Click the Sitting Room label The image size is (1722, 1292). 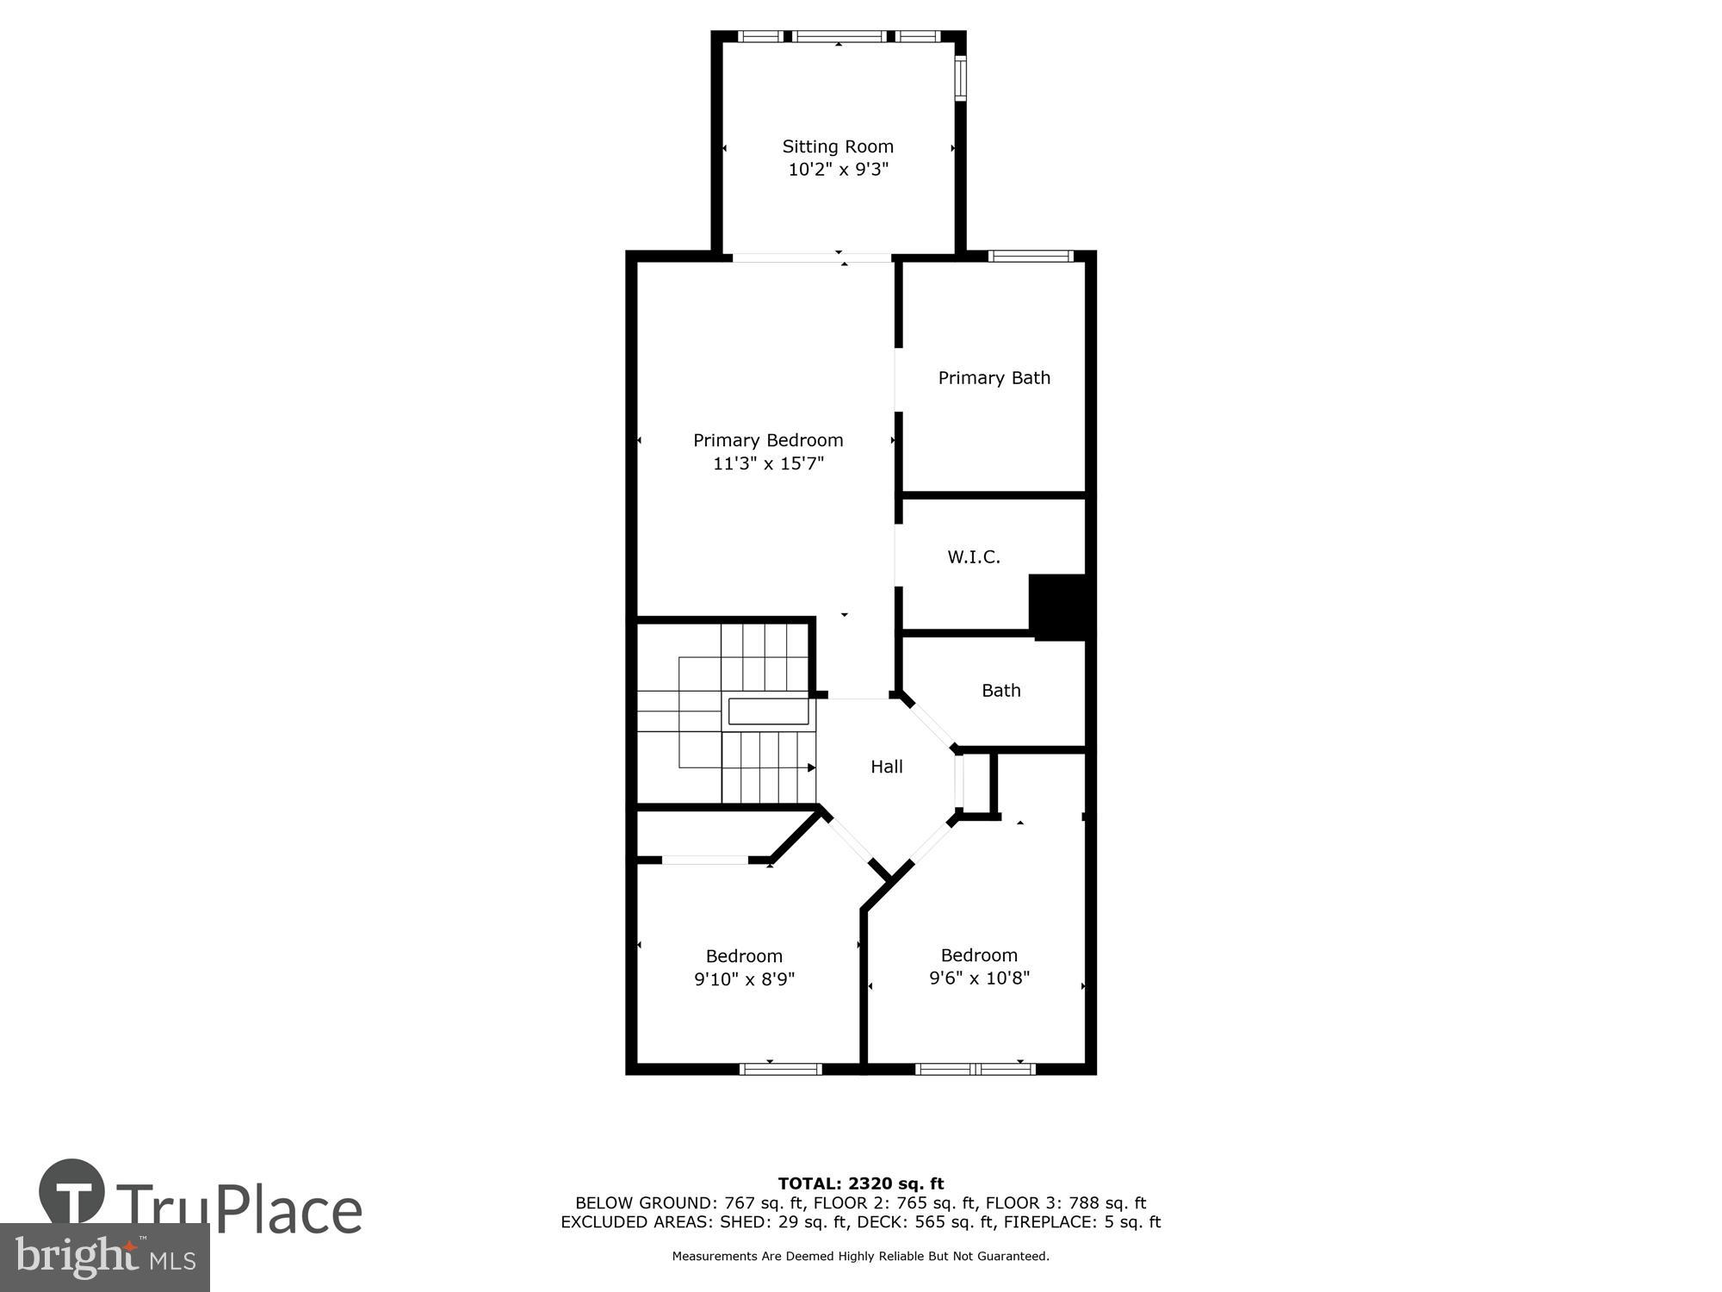pyautogui.click(x=837, y=146)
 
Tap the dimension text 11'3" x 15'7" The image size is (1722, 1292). pyautogui.click(x=768, y=463)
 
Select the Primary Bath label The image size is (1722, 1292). pyautogui.click(x=994, y=377)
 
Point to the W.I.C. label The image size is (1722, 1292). pyautogui.click(x=974, y=557)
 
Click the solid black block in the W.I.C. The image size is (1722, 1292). pyautogui.click(x=1058, y=606)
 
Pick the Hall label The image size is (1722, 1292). pyautogui.click(x=886, y=767)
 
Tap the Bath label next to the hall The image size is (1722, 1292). pyautogui.click(x=1000, y=690)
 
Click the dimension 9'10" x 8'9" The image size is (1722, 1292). pyautogui.click(x=744, y=979)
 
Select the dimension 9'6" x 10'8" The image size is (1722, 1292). pyautogui.click(x=979, y=978)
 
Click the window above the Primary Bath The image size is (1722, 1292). pyautogui.click(x=1030, y=256)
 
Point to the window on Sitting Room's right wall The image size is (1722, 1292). pyautogui.click(x=961, y=78)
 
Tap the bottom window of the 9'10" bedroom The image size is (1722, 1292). pyautogui.click(x=781, y=1069)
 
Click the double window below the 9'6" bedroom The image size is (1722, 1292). pyautogui.click(x=975, y=1069)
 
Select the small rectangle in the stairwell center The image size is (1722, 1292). pyautogui.click(x=768, y=711)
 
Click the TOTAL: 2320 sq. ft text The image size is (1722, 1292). pyautogui.click(x=860, y=1183)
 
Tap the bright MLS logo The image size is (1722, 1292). pyautogui.click(x=104, y=1258)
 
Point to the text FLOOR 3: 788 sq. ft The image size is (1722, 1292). pyautogui.click(x=1065, y=1203)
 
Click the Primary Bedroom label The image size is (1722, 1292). pyautogui.click(x=768, y=440)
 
